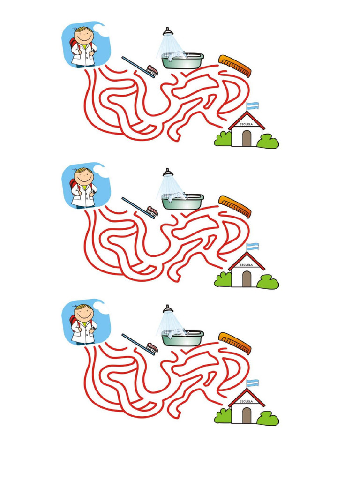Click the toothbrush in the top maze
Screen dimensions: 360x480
point(140,66)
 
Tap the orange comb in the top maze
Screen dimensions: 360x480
point(235,66)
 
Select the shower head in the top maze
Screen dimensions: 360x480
point(167,31)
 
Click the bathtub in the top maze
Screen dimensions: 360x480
point(183,61)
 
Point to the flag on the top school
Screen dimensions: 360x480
point(253,105)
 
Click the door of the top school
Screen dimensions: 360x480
point(247,138)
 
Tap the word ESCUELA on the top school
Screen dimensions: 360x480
point(247,124)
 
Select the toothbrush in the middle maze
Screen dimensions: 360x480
point(140,207)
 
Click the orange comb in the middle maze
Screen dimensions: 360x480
point(235,206)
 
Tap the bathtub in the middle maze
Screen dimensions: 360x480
point(183,202)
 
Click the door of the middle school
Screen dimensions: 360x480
point(247,278)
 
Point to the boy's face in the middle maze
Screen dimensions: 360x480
point(84,177)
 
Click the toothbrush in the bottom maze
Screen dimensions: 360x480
point(140,343)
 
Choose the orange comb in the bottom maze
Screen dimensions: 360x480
point(235,343)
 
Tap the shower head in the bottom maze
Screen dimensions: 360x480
point(167,308)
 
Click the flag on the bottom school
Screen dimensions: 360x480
point(253,382)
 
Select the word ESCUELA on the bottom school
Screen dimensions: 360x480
point(247,401)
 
